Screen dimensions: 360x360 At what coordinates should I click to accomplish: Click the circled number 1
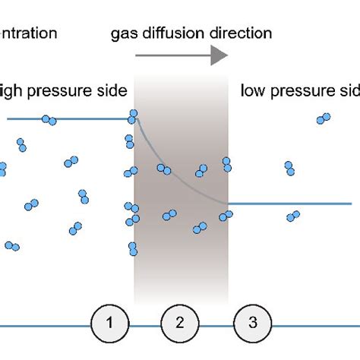[110, 323]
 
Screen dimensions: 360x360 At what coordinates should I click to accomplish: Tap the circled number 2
[180, 323]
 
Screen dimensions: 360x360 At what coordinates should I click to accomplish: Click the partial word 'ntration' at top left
[29, 33]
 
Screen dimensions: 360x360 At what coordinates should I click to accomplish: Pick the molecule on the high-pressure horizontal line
[49, 120]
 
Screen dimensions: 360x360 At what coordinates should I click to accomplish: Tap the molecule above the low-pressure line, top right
[324, 118]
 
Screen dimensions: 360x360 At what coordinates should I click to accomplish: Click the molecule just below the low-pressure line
[292, 217]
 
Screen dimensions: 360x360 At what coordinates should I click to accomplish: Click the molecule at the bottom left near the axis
[12, 245]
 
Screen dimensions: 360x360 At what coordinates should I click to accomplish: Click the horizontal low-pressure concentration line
[304, 204]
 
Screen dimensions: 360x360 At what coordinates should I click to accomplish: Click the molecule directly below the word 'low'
[289, 168]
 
